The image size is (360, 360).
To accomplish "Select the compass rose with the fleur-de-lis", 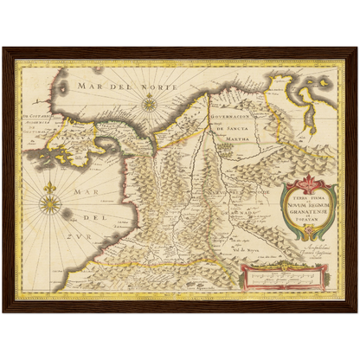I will click(49, 204).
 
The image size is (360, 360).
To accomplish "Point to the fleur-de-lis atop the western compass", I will click(49, 188).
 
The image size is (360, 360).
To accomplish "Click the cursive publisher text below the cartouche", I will click(299, 251).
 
